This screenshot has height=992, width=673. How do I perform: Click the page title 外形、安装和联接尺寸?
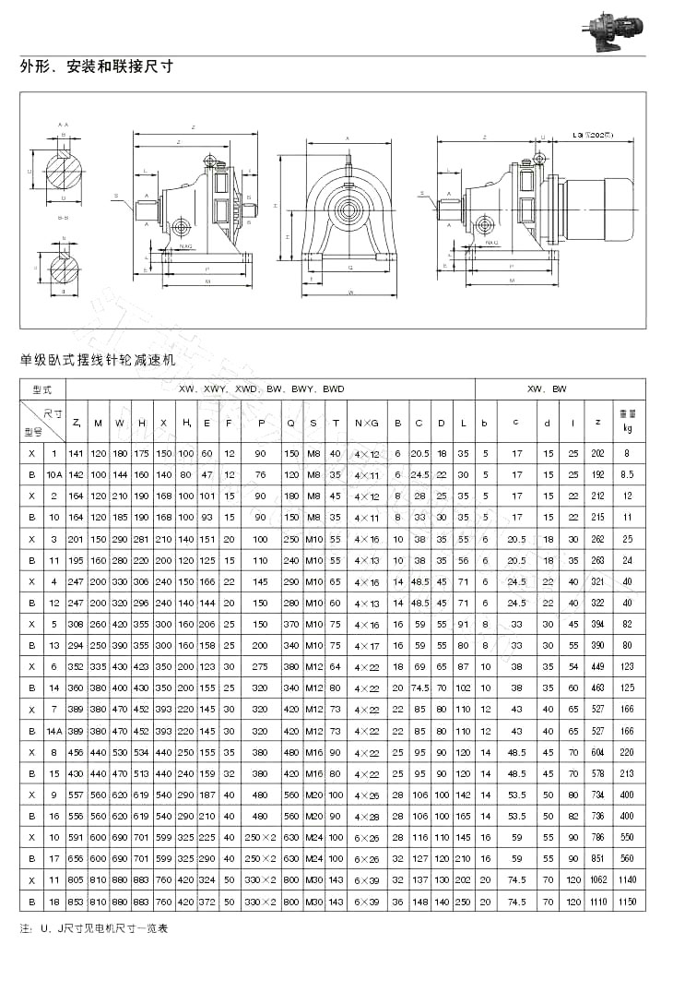97,67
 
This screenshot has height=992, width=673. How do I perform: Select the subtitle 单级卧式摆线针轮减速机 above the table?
97,361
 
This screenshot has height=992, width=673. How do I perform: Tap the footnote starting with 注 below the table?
94,927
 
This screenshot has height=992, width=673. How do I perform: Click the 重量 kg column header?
628,422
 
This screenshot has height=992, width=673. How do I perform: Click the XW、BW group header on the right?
560,388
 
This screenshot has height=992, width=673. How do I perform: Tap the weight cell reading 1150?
628,900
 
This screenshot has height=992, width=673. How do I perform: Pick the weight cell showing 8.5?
628,474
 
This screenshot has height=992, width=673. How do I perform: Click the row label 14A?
54,730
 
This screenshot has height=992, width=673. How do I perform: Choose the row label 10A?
54,474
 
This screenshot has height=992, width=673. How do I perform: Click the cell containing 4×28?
367,816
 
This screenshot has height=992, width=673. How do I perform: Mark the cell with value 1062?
598,878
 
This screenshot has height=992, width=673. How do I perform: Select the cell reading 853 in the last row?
76,900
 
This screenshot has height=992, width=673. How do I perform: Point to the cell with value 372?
207,900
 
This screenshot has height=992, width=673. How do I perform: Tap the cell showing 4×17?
367,645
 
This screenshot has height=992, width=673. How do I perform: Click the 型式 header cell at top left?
42,388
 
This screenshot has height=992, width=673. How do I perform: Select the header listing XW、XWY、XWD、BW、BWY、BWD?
261,388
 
